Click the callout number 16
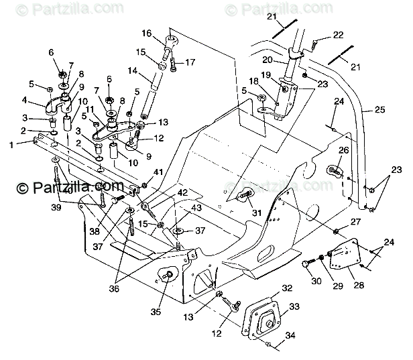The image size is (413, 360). (146, 33)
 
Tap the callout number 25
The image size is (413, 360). (379, 109)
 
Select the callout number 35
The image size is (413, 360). (156, 312)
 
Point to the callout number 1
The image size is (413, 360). (11, 145)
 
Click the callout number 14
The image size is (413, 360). (133, 70)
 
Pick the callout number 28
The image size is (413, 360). (359, 285)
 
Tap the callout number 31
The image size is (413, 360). (257, 213)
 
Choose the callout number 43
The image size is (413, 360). (196, 208)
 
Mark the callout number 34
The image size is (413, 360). (290, 335)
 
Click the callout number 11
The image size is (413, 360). (90, 109)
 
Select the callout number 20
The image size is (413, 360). (267, 60)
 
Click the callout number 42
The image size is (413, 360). (182, 192)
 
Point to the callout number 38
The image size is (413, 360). (95, 231)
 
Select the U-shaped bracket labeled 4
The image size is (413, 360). (56, 105)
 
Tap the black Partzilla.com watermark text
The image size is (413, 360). (70, 187)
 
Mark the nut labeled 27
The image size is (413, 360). (336, 231)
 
